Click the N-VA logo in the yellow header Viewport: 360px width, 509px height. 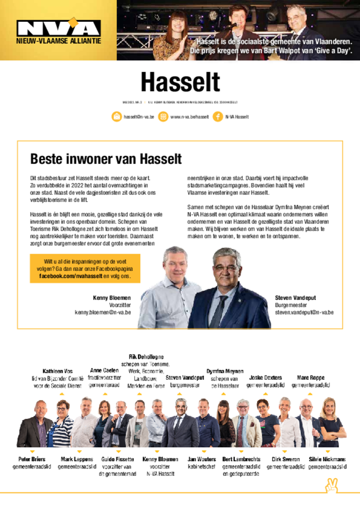click(x=58, y=27)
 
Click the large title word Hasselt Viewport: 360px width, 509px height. click(x=180, y=83)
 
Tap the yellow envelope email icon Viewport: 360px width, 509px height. click(x=116, y=117)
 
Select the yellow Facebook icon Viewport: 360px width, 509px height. click(x=217, y=117)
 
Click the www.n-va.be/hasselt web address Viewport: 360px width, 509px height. click(x=189, y=117)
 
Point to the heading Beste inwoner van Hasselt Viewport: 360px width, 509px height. click(x=106, y=159)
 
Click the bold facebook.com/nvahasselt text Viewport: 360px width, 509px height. click(x=71, y=276)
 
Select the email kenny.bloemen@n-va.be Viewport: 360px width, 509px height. click(x=103, y=313)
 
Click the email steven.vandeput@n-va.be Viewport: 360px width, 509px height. click(x=304, y=313)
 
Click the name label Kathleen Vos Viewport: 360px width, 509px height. click(x=57, y=371)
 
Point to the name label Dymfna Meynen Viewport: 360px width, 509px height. click(x=225, y=371)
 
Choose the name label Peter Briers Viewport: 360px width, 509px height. click(x=32, y=459)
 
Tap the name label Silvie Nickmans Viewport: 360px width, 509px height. click(x=327, y=459)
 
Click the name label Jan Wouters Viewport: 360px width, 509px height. click(x=202, y=459)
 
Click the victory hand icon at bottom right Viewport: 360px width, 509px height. click(x=331, y=485)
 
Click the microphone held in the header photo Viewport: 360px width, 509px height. click(x=232, y=26)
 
